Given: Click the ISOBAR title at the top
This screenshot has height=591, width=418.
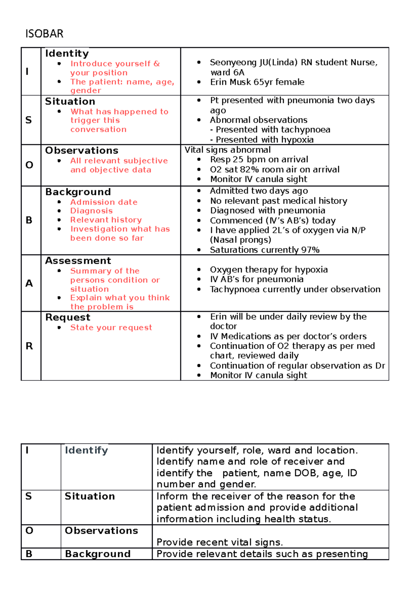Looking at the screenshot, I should [x=44, y=34].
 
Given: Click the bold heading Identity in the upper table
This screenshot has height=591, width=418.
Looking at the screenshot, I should [x=67, y=54].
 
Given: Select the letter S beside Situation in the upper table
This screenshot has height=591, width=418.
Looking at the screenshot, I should [x=29, y=120].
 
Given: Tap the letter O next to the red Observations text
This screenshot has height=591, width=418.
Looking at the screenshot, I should [x=29, y=165].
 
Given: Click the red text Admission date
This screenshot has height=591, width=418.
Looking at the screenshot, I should [x=104, y=202].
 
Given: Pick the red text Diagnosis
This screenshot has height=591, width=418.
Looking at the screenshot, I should [x=91, y=211].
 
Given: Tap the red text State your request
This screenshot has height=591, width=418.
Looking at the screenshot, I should [x=111, y=328].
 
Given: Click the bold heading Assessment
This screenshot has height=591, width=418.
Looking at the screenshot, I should [x=78, y=261].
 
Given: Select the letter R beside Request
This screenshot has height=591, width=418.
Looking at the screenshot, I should [x=29, y=346].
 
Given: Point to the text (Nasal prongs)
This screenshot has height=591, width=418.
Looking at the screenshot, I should [x=240, y=240].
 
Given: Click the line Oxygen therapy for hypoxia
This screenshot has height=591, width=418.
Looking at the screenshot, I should [x=269, y=270].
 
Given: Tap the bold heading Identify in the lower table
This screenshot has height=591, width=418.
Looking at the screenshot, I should [x=86, y=450].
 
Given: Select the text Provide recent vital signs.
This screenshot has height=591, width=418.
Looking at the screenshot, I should [x=219, y=542].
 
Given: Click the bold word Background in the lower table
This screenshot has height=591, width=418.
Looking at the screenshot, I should [x=98, y=554].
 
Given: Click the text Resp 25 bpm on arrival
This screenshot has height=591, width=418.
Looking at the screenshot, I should [x=259, y=159].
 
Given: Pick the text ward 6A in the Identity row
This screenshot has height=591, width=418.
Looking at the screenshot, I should [x=227, y=72].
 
